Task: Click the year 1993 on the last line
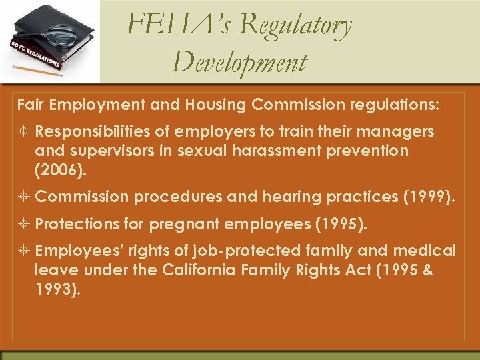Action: (57, 290)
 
